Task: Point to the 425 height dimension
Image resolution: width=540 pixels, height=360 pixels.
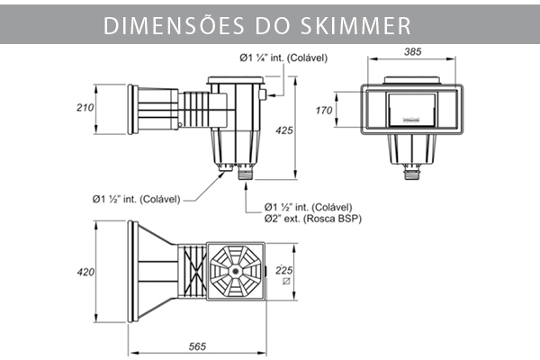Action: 285,131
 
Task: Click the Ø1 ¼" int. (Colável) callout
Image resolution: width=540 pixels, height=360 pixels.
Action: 283,58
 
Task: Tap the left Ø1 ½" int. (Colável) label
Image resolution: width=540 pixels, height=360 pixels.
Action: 137,199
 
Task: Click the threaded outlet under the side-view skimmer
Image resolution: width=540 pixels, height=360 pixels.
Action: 242,175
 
